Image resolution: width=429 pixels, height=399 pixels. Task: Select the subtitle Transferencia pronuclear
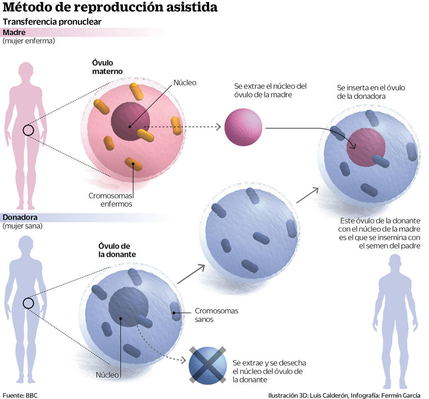[x=52, y=22]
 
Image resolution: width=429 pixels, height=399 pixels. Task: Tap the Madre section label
[x=14, y=32]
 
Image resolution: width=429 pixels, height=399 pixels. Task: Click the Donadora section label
[x=20, y=217]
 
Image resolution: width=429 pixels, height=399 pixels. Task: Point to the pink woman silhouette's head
[x=26, y=70]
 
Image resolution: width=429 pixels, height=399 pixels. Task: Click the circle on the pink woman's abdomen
[x=28, y=130]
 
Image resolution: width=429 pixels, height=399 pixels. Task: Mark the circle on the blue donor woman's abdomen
[x=28, y=303]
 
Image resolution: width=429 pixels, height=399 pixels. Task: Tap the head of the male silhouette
[x=395, y=263]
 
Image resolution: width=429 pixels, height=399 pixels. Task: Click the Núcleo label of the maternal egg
[x=185, y=82]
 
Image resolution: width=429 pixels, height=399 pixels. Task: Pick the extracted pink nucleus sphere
[x=243, y=127]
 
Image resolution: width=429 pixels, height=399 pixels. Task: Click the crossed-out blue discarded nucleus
[x=207, y=364]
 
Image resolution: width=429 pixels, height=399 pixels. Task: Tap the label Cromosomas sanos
[x=216, y=315]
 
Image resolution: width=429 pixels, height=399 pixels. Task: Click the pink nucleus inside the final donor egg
[x=366, y=147]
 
